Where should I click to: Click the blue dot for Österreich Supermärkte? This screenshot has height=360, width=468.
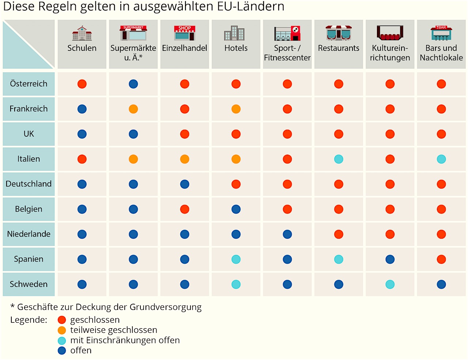tap(133, 84)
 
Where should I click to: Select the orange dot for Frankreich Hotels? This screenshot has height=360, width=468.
tap(236, 109)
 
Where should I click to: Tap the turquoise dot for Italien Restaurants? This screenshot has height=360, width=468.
tap(339, 159)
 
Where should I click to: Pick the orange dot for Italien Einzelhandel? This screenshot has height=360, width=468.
tap(185, 159)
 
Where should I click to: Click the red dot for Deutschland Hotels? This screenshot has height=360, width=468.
tap(236, 184)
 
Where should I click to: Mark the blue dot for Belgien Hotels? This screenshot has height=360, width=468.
tap(236, 209)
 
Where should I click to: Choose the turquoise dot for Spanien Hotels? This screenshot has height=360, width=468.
tap(236, 259)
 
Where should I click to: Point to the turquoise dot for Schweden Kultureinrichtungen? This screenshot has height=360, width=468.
tap(390, 284)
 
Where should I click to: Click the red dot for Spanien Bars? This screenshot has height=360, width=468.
tap(441, 259)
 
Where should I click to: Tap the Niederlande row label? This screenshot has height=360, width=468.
tap(29, 234)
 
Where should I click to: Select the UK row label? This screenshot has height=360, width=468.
tap(29, 134)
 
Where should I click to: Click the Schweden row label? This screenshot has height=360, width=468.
tap(29, 284)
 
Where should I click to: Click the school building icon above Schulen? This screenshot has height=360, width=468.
tap(82, 33)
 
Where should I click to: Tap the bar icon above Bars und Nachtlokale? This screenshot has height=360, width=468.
tap(441, 33)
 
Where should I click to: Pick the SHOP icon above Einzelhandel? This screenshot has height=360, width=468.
tap(185, 33)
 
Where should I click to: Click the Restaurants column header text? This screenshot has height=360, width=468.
tap(339, 48)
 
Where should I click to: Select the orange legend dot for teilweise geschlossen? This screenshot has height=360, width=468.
tap(62, 330)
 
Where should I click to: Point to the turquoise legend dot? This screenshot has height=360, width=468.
tap(62, 340)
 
